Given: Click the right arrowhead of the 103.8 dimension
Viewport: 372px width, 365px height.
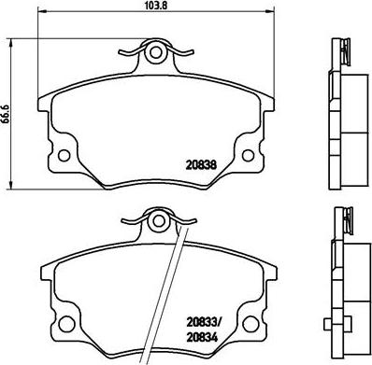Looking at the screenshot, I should (276, 17).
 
